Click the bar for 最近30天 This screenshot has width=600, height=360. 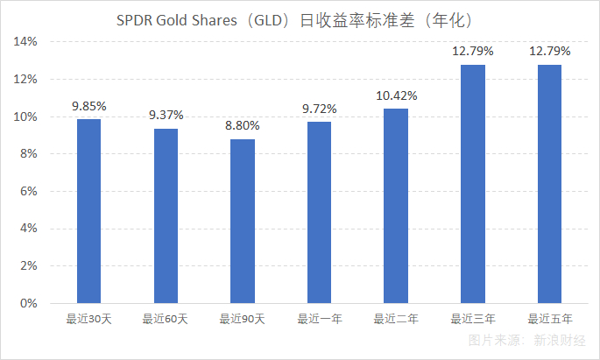pyautogui.click(x=88, y=211)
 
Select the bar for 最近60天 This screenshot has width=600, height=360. pyautogui.click(x=166, y=215)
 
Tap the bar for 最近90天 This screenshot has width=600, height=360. pyautogui.click(x=243, y=221)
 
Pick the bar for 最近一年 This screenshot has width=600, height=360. pyautogui.click(x=319, y=212)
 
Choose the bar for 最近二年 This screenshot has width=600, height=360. pyautogui.click(x=396, y=206)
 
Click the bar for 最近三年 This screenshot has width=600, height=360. pyautogui.click(x=473, y=184)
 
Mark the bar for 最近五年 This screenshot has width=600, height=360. pyautogui.click(x=549, y=184)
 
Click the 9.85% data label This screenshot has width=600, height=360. pyautogui.click(x=88, y=106)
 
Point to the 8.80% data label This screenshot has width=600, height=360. pyautogui.click(x=243, y=126)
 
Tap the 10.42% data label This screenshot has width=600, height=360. pyautogui.click(x=396, y=95)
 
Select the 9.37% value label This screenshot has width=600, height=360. pyautogui.click(x=166, y=116)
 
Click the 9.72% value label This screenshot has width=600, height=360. pyautogui.click(x=319, y=109)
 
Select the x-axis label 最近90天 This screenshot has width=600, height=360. pyautogui.click(x=243, y=319)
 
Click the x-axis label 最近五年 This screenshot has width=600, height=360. pyautogui.click(x=549, y=319)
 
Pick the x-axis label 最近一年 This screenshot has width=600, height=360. pyautogui.click(x=319, y=319)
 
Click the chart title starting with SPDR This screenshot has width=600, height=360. pyautogui.click(x=300, y=19)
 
